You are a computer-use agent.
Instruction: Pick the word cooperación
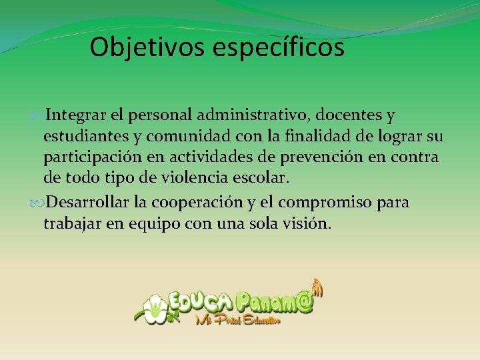tap(205, 202)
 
